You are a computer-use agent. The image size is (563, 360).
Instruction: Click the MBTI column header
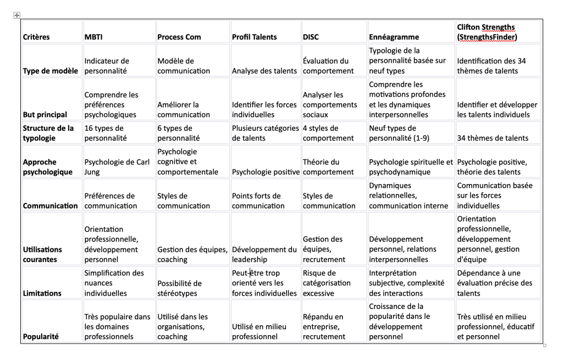pos(93,37)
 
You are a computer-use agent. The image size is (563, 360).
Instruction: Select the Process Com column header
pos(179,37)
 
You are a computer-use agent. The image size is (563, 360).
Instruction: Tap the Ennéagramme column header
pos(394,37)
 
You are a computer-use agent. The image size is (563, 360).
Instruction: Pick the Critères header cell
pos(36,37)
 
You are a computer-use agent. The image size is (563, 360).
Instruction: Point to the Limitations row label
pos(41,293)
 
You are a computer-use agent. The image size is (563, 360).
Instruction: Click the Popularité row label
pos(40,336)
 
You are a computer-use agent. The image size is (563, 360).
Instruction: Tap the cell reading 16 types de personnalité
pos(104,133)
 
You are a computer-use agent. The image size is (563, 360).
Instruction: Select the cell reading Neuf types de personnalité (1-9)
pos(399,133)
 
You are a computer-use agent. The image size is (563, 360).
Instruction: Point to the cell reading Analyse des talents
pos(264,70)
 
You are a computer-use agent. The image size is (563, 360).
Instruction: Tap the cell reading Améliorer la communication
pos(178,109)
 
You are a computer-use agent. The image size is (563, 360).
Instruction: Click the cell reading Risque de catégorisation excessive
pos(327,283)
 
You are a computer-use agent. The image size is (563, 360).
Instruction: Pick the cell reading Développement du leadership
pos(264,254)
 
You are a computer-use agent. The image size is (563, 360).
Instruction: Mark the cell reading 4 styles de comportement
pos(328,133)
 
